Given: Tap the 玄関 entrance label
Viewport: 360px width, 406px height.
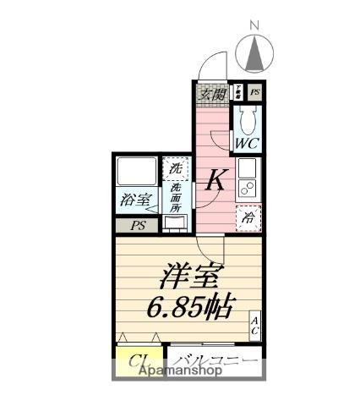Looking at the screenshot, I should click(x=212, y=95).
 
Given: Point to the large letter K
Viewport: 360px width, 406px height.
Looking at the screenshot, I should click(x=216, y=179).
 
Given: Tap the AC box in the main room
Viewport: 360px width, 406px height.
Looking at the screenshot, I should click(x=254, y=326).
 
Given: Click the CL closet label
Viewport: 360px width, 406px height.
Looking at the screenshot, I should click(x=139, y=363).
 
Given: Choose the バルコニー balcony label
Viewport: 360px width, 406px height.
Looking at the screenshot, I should click(x=215, y=363).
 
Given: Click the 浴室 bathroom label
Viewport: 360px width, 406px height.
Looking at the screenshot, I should click(x=135, y=201).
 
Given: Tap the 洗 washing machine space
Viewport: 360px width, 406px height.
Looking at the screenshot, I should click(x=175, y=167).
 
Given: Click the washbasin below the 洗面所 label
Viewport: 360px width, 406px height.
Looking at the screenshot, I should click(x=176, y=224).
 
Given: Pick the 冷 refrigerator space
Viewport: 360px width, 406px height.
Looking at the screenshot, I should click(x=248, y=217).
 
